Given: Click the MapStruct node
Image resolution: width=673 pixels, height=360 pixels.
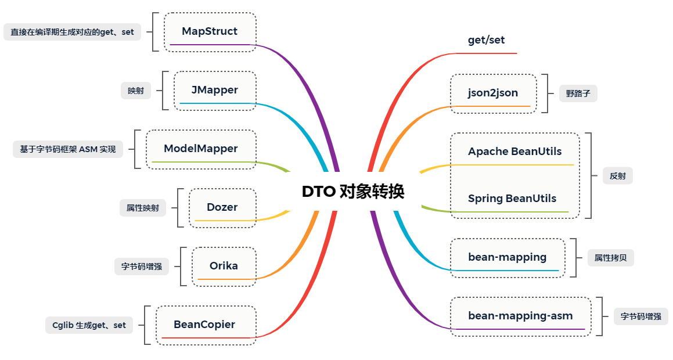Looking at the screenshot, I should coord(210,31).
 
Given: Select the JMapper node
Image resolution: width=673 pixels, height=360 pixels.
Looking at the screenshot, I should coord(215,90).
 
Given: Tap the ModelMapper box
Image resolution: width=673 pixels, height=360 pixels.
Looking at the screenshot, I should coord(201,149).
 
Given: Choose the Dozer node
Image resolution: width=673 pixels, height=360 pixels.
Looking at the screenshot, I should coord(222,207).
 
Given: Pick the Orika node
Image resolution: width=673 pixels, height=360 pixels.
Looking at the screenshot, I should coord(224,266).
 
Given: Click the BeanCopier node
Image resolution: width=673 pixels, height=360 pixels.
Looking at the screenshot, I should coord(204,325).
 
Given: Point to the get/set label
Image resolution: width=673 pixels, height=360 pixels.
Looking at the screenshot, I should coord(487,40).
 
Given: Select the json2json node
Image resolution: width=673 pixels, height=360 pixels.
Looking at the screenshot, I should coord(493,93).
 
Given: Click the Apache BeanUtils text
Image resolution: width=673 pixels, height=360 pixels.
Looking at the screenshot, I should coord(515,152).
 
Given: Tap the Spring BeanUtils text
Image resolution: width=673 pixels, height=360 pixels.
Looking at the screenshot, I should coord(512,199).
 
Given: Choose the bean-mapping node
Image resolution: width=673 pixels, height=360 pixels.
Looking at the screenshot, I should coord(508,257).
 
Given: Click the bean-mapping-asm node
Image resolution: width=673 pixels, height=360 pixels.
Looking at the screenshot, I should coord(520,316).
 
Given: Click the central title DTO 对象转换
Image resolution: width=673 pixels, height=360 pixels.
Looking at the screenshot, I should coord(353,192).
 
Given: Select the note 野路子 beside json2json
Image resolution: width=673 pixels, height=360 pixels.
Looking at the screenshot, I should coord(578,93).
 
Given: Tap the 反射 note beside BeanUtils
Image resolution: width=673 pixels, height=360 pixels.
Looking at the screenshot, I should coord(618,176).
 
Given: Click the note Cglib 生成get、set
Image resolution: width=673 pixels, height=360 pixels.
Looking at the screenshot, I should coord(89,325).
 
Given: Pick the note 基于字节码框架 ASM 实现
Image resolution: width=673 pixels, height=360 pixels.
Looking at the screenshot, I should coord(68,149).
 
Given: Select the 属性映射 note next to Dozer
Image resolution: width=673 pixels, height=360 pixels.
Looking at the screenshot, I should coord(143,207).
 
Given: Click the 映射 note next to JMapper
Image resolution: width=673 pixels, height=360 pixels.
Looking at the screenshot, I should coord(136,91).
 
